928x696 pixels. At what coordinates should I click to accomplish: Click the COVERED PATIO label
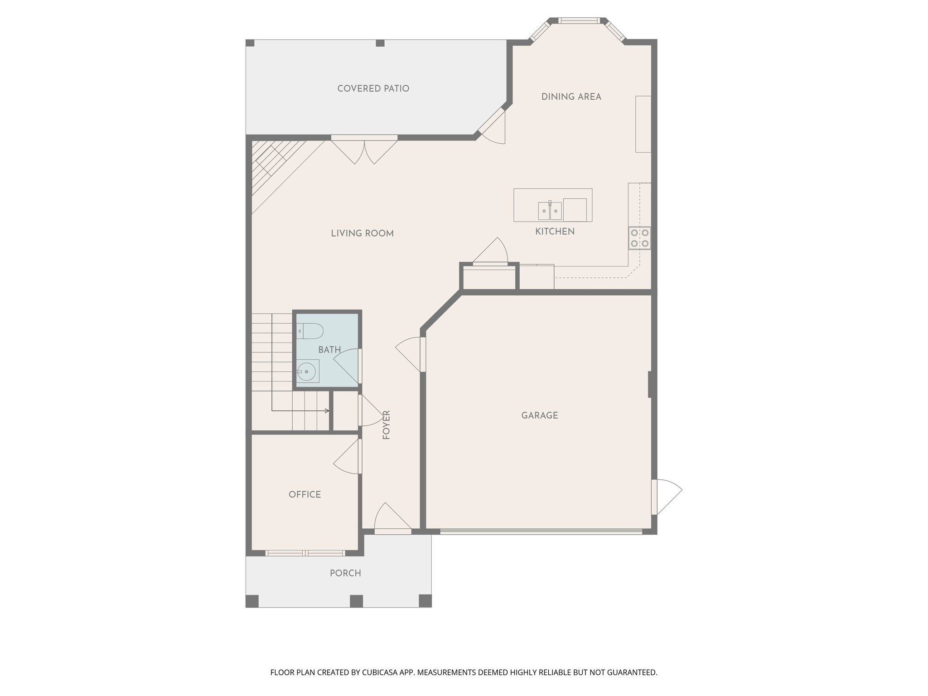(x=373, y=89)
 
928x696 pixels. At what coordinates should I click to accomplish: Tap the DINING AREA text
(x=571, y=97)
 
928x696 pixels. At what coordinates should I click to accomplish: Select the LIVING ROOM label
(x=362, y=233)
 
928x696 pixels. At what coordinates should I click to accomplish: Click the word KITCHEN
(x=555, y=232)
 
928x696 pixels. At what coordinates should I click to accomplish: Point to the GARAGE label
(x=539, y=416)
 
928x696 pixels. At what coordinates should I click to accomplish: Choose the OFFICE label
(x=304, y=494)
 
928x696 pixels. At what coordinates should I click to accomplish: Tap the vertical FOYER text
(x=387, y=425)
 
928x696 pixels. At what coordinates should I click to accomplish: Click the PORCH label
(x=345, y=573)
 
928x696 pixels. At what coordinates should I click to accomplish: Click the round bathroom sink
(x=308, y=372)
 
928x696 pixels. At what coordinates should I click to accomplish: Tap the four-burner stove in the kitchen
(x=639, y=238)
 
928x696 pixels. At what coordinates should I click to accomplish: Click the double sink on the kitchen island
(x=550, y=211)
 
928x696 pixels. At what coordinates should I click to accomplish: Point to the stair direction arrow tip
(x=328, y=411)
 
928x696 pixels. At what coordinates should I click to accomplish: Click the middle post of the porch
(x=356, y=601)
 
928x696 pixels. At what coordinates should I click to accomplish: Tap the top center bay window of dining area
(x=579, y=20)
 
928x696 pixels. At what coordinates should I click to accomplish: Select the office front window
(x=305, y=553)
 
